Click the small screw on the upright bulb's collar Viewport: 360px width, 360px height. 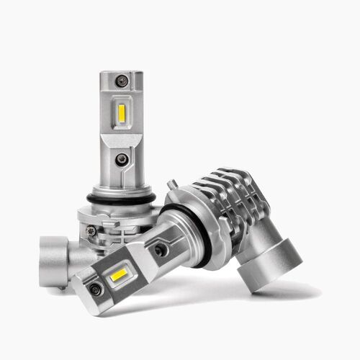91,230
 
